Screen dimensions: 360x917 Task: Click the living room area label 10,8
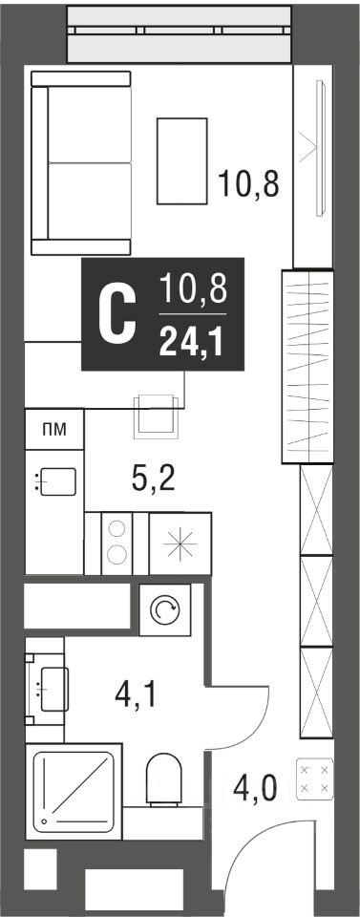click(248, 183)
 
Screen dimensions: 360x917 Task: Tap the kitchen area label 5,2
click(154, 480)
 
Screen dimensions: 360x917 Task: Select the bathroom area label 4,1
click(137, 694)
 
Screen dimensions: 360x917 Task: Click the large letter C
click(116, 315)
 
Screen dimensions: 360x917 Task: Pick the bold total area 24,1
click(191, 342)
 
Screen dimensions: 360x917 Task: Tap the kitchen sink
click(55, 481)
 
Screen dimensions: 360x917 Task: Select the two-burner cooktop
click(116, 544)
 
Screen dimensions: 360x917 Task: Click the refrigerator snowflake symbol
click(180, 544)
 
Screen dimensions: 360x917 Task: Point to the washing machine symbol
click(165, 610)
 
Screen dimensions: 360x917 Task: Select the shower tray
click(74, 791)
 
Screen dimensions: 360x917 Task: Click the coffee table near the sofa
click(181, 160)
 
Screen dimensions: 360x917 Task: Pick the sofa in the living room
click(80, 163)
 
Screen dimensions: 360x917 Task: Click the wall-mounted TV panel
click(320, 149)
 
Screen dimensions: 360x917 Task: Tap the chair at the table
click(156, 416)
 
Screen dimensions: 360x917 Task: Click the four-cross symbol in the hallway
click(315, 779)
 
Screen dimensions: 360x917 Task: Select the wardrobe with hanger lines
click(307, 367)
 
